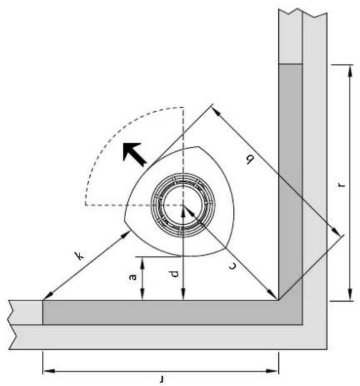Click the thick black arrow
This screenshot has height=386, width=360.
pos(134,154)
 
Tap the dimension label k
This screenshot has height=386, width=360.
pos(79,256)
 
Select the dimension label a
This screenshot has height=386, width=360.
pos(132,277)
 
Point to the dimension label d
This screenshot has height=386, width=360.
pos(174,274)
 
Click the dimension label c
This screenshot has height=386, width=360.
pos(232,266)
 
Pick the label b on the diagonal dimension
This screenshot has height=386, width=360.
pos(249,160)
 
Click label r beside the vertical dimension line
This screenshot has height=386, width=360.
pos(341,185)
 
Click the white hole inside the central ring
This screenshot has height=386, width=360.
pos(182,205)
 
